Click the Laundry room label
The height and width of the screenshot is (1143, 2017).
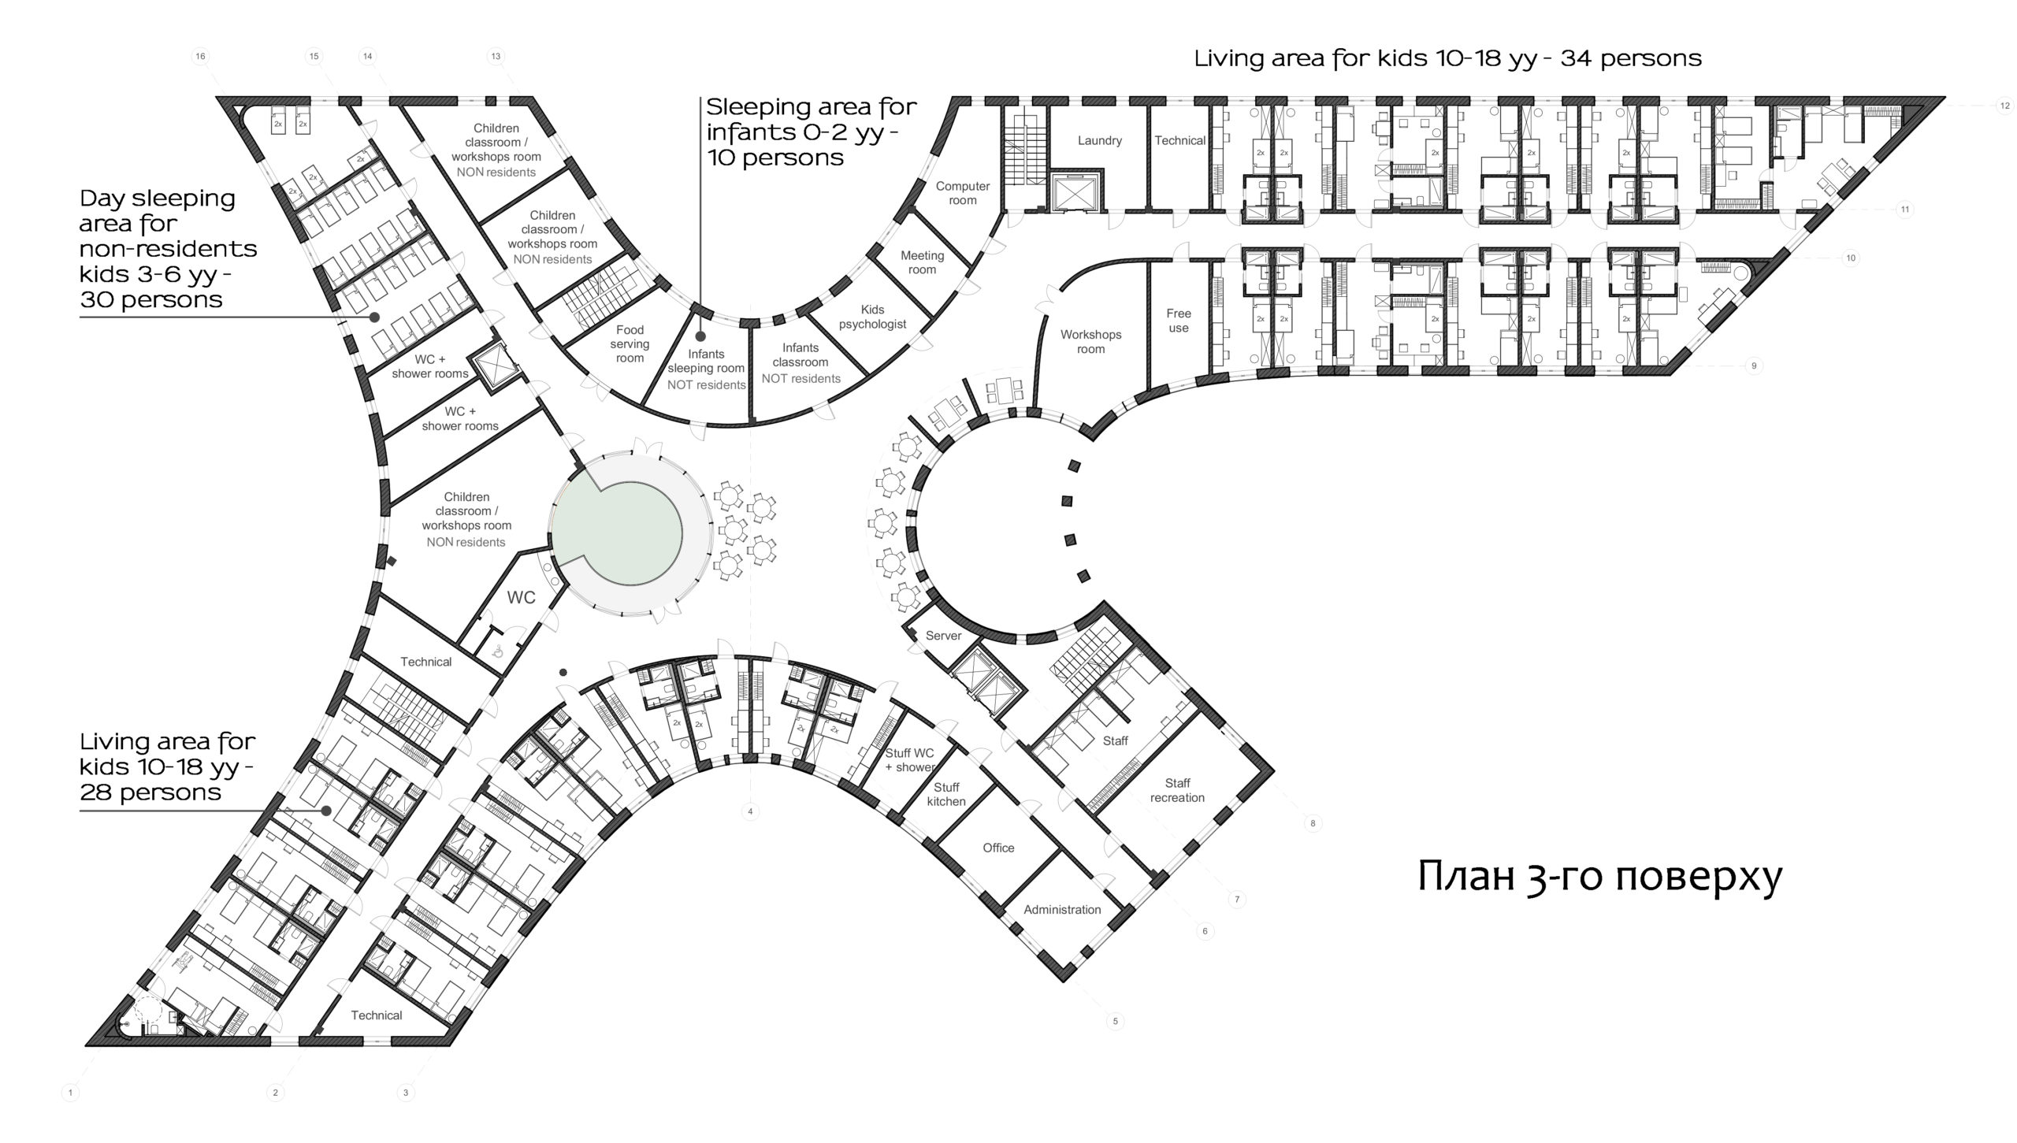[x=1099, y=140]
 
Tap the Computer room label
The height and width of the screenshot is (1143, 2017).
[x=962, y=193]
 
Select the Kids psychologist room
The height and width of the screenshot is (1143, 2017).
[x=872, y=317]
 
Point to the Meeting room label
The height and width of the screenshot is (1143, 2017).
[x=922, y=262]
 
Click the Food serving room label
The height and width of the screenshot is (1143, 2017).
[x=630, y=343]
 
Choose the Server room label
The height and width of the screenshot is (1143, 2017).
[x=943, y=635]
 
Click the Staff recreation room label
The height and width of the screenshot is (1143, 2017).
[x=1177, y=790]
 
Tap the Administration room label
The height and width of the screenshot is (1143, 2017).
[x=1062, y=909]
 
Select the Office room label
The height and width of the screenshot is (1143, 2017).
[x=998, y=848]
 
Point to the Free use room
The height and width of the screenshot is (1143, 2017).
[x=1179, y=321]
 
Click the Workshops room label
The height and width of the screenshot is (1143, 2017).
[x=1090, y=341]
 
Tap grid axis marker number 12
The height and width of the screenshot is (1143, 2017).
[x=2005, y=106]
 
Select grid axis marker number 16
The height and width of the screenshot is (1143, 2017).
[x=201, y=56]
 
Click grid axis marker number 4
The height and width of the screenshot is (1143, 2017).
[x=750, y=811]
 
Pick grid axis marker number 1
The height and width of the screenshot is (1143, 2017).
[x=70, y=1093]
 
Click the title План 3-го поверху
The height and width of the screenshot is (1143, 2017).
[x=1599, y=878]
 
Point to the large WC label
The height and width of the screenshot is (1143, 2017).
[x=521, y=598]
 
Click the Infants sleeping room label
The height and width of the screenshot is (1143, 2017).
[x=706, y=369]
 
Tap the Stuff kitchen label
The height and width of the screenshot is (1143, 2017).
[x=946, y=794]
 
